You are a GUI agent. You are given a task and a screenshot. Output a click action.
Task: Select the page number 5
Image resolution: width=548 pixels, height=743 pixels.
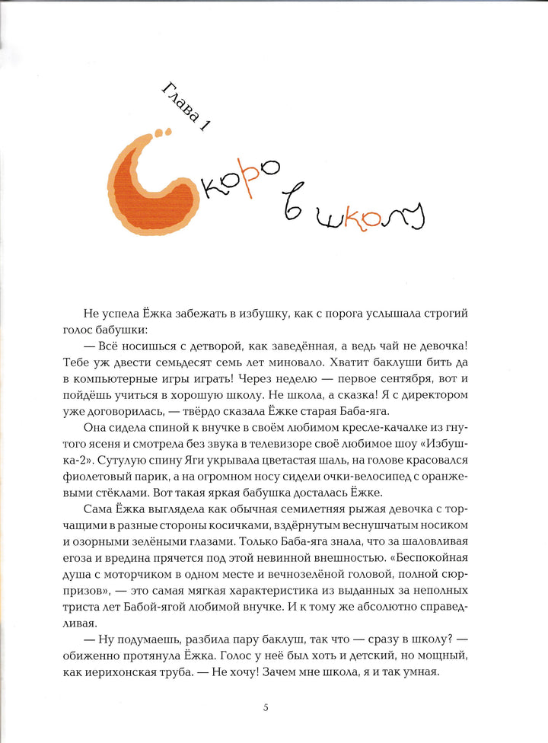coord(266,707)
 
